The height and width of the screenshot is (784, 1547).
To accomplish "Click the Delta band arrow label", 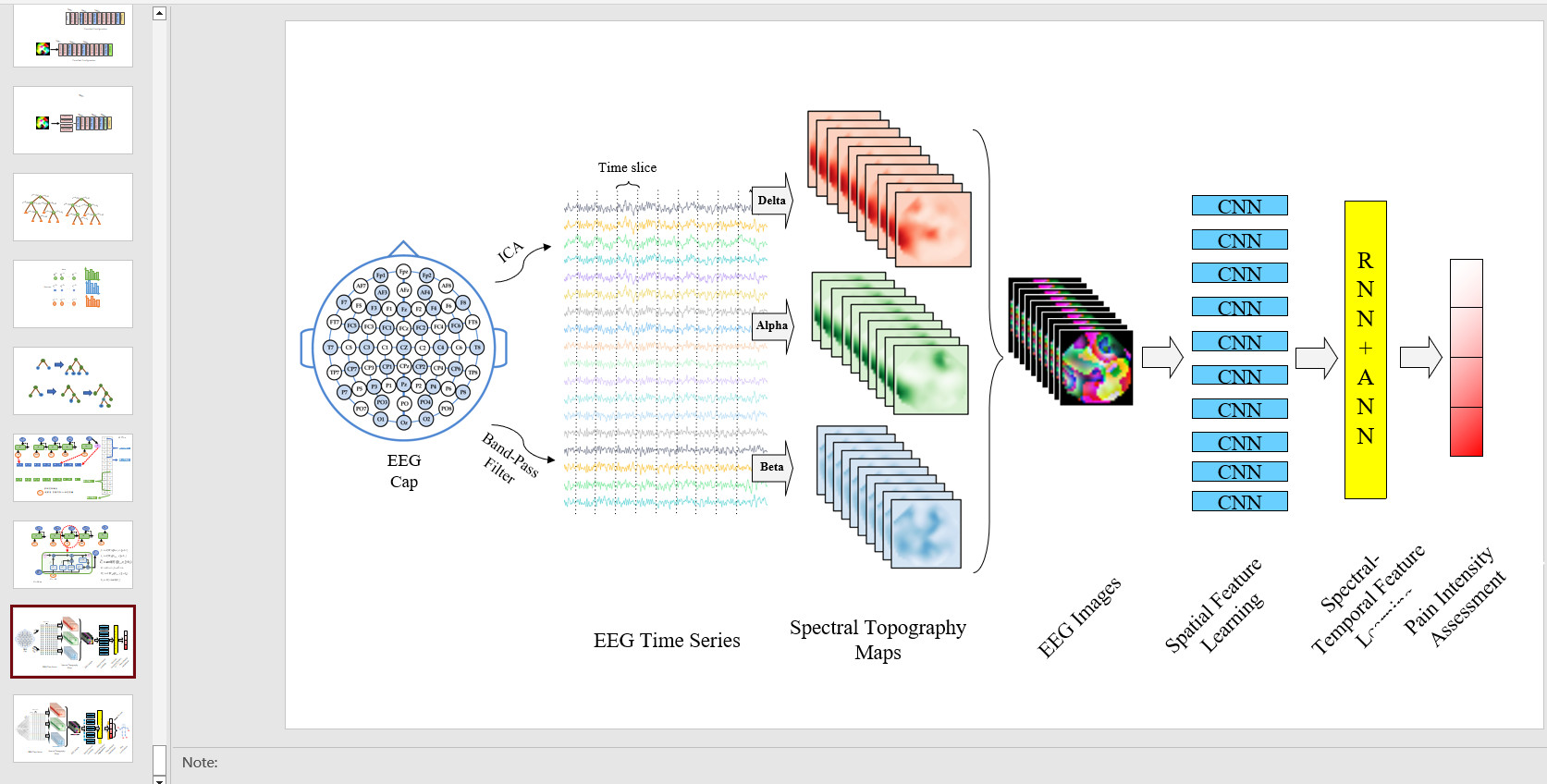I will point(771,201).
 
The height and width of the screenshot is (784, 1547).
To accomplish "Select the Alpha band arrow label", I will point(771,325).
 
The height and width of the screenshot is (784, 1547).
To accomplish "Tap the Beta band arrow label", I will point(771,467).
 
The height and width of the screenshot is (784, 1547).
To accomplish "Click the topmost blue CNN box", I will point(1239,206).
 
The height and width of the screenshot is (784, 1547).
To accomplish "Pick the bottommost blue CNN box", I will point(1239,502).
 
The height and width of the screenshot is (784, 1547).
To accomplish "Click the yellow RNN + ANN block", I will point(1365,349).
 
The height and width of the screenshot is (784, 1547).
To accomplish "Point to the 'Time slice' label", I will point(627,167).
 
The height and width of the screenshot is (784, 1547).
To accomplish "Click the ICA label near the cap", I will point(510,251).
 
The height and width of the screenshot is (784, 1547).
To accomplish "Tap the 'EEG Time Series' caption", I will point(667,641).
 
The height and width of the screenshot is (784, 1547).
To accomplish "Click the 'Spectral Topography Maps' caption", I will point(878,640).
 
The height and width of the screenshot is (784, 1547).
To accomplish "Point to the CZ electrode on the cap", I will point(404,348).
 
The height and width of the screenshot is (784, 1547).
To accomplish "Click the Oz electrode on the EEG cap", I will point(404,423).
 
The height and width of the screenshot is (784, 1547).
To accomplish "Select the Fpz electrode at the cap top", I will point(403,271).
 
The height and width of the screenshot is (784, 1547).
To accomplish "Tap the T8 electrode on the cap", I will point(477,348).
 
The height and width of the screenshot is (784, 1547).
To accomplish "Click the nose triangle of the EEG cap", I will point(403,249).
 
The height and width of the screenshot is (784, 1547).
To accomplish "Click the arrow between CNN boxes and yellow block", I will point(1315,358).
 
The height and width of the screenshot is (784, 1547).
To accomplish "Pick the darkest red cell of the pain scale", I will point(1466,432).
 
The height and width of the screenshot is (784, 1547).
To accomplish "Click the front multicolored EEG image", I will point(1097,369).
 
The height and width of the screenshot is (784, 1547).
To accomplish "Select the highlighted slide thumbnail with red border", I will point(73,642).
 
